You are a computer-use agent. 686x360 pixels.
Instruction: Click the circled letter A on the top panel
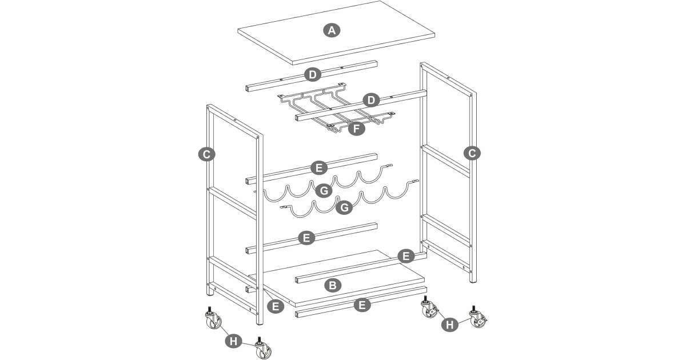tap(332, 30)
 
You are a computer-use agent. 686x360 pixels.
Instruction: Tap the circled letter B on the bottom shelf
tap(332, 285)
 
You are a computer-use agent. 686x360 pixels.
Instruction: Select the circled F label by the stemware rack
tap(357, 129)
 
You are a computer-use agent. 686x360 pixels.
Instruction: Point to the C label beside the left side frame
tap(207, 154)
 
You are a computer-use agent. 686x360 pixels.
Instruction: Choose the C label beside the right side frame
tap(472, 153)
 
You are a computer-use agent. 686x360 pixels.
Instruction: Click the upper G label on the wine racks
tap(324, 191)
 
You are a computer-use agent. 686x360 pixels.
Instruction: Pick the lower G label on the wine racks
tap(344, 208)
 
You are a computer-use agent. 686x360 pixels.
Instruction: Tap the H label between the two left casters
tap(233, 341)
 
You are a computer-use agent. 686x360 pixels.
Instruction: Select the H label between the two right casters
tap(449, 325)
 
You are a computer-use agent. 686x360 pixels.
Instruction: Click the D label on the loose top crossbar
tap(312, 75)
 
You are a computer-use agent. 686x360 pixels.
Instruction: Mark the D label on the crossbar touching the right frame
tap(371, 100)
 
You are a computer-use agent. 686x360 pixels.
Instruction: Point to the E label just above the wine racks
tap(319, 168)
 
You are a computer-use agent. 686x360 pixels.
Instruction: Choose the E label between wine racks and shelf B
tap(306, 238)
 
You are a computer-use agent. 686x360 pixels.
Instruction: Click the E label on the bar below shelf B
tap(362, 305)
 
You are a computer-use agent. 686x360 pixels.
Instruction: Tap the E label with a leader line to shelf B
tap(276, 306)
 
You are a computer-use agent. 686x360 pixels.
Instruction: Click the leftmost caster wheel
tap(213, 321)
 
